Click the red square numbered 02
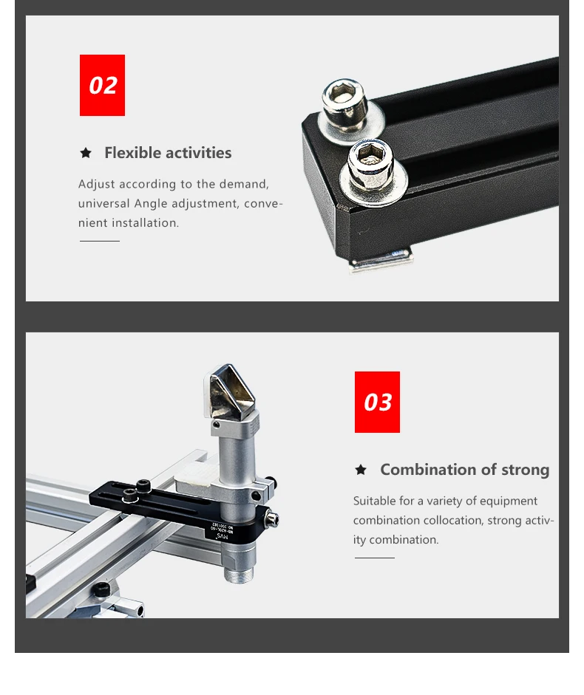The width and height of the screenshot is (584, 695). click(x=102, y=85)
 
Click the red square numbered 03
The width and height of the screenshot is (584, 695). click(x=377, y=402)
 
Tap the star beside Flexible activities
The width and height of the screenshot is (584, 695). click(x=86, y=153)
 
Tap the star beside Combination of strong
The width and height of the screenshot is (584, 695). click(x=361, y=470)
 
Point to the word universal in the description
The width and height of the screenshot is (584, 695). click(x=103, y=203)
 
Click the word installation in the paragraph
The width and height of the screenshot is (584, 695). click(x=145, y=222)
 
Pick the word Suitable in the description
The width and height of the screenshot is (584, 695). click(x=375, y=501)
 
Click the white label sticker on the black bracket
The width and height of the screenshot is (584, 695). click(x=230, y=529)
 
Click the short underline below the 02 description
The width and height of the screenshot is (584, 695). click(x=99, y=241)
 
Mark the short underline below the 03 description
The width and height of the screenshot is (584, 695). click(x=374, y=558)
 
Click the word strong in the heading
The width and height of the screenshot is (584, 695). click(x=525, y=470)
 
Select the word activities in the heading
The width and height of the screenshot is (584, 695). click(x=195, y=153)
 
